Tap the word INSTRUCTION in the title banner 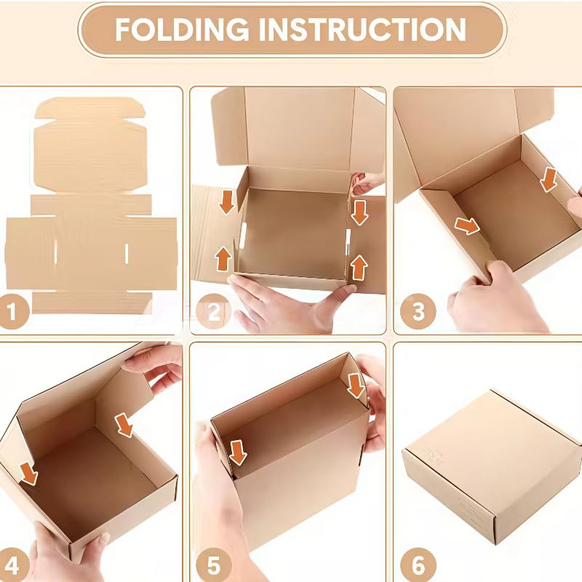361,30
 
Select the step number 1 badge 14,313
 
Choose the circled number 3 418,313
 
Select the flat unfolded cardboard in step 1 91,211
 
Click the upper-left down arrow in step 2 227,202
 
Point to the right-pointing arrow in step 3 466,226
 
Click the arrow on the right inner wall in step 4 126,424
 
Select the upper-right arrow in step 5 356,386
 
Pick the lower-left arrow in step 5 238,452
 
